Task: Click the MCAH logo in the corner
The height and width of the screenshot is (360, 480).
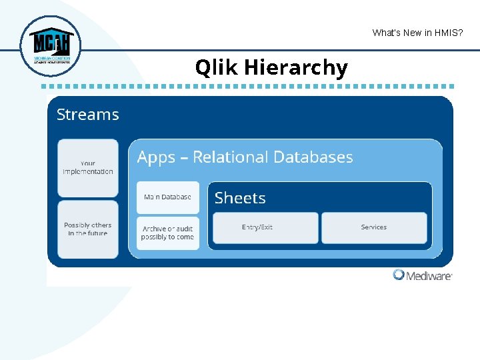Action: point(49,46)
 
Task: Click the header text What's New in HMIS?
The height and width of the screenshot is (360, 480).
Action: point(417,33)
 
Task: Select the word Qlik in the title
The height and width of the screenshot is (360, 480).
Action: point(217,67)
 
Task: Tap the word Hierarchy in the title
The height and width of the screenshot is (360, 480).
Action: point(295,67)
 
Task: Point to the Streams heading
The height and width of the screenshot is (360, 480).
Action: point(87,115)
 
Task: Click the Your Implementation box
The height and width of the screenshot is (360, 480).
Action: point(87,167)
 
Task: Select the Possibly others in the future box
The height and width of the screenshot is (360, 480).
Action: point(87,229)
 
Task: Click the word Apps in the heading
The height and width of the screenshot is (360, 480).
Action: point(156,157)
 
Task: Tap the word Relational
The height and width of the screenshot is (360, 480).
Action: point(231,157)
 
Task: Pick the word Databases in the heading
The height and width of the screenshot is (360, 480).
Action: point(313,157)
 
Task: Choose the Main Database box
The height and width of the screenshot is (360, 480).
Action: point(168,197)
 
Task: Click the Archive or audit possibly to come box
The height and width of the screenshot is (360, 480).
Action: point(168,233)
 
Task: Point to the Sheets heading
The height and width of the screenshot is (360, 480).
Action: point(240,198)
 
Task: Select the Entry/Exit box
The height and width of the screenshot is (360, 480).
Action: point(265,228)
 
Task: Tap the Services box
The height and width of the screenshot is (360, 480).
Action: point(374,228)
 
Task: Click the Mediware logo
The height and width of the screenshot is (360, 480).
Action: point(423,275)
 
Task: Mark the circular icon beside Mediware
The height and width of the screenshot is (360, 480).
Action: point(399,275)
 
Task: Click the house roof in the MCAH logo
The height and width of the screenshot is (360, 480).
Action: point(49,33)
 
